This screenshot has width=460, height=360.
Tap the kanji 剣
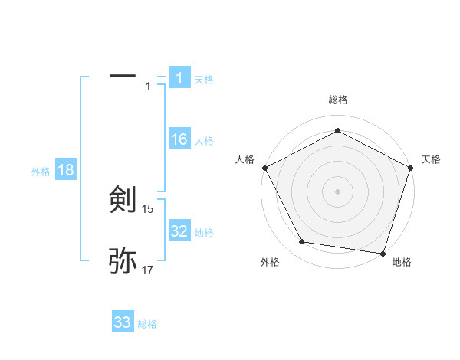click(123, 200)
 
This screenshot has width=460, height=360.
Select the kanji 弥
click(123, 261)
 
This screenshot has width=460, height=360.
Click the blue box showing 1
click(179, 78)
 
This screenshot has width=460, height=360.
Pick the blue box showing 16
click(179, 139)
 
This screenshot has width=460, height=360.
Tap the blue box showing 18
click(66, 170)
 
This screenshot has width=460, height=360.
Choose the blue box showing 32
click(179, 231)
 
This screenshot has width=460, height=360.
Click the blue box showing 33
click(123, 322)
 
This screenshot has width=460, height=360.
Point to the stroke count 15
click(148, 208)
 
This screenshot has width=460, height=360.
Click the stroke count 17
click(148, 270)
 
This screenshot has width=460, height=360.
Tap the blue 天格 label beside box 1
click(203, 79)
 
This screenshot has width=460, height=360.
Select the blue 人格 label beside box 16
click(203, 140)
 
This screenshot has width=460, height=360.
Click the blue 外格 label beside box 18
click(41, 172)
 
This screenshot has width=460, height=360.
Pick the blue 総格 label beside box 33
click(147, 324)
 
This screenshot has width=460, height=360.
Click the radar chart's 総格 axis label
click(337, 100)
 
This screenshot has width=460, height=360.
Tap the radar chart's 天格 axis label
click(431, 159)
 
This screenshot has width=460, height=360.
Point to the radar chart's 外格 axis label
click(270, 262)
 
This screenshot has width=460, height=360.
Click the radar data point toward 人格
click(264, 167)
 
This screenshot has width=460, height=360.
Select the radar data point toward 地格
click(383, 252)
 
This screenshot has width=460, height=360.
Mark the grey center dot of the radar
click(337, 191)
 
